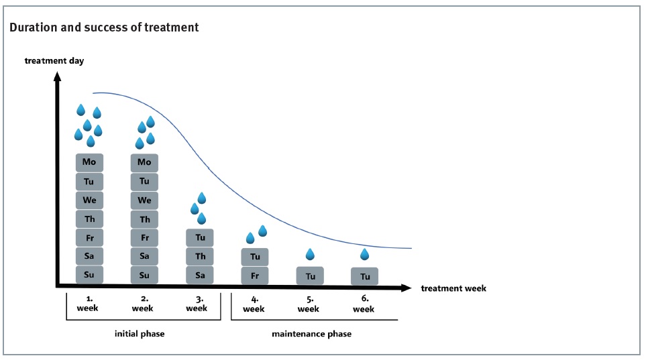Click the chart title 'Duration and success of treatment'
(x=104, y=28)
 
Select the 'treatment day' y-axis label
(x=54, y=61)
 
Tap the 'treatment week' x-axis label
(x=453, y=288)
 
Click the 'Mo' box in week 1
(x=89, y=162)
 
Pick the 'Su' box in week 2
(x=144, y=275)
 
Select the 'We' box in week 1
(x=89, y=200)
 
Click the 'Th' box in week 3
(x=200, y=256)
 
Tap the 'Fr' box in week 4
(x=255, y=276)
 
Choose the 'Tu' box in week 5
(x=310, y=276)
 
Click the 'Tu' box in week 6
(x=365, y=276)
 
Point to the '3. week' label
(x=197, y=304)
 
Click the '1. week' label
(x=88, y=304)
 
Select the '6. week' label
(x=364, y=304)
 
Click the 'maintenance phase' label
(x=311, y=333)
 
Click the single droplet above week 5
(x=310, y=254)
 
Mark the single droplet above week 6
(x=365, y=254)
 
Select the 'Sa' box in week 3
(x=200, y=275)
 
